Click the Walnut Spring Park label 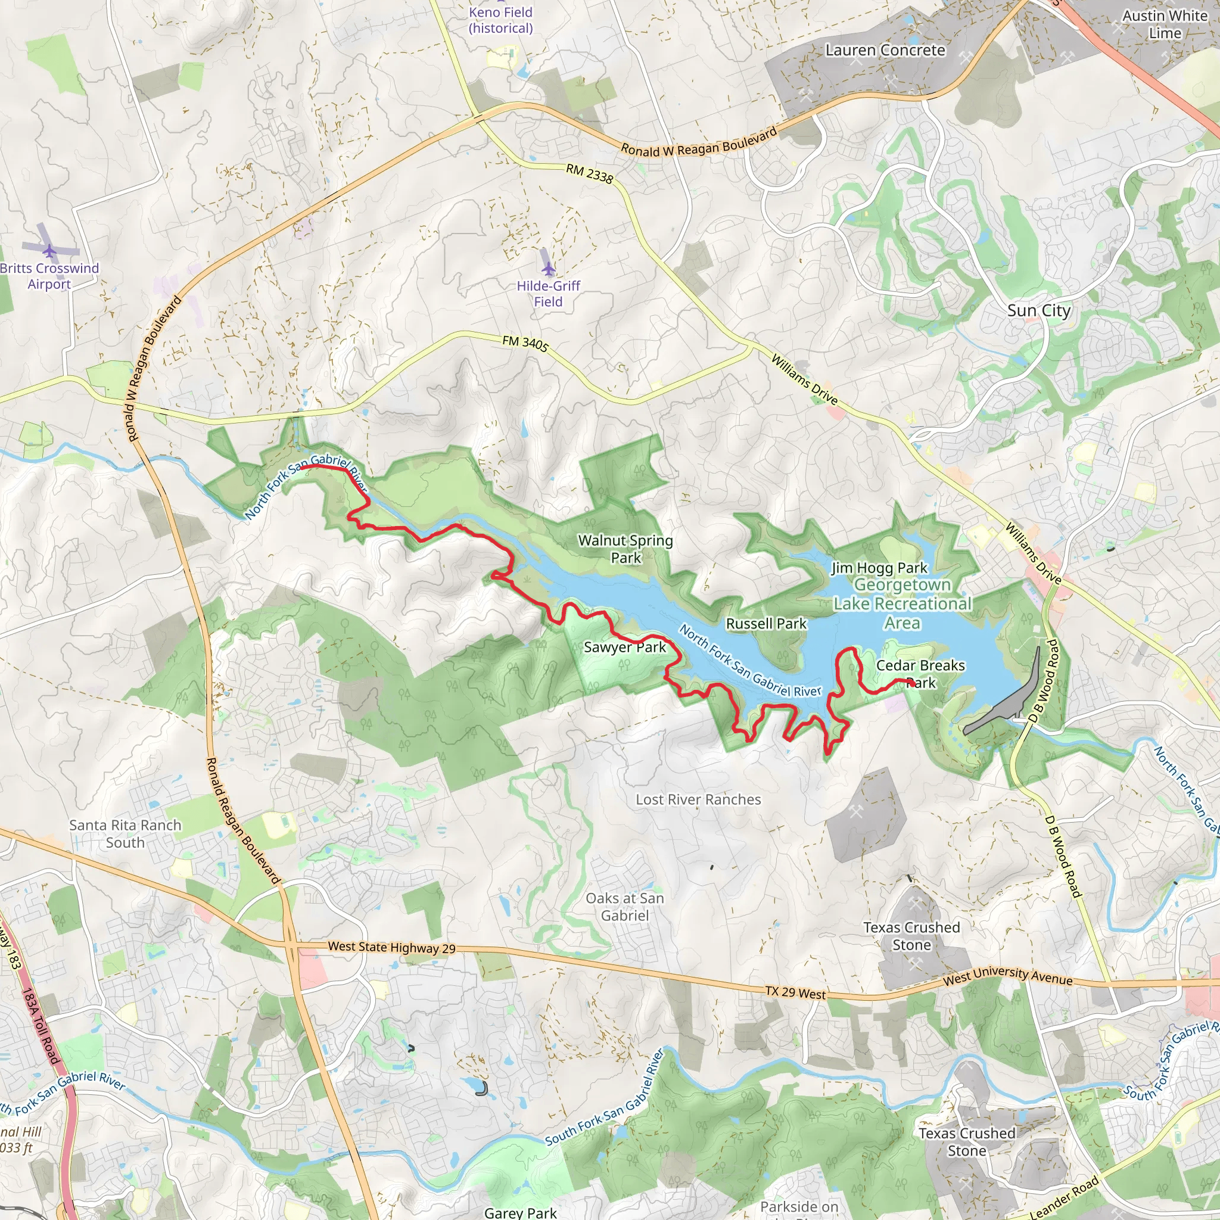pos(625,549)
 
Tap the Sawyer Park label pos(624,648)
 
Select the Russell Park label pos(766,624)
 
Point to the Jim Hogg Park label pos(879,568)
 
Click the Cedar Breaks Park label pos(920,674)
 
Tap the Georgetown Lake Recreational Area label pos(902,603)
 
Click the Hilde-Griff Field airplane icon pos(548,269)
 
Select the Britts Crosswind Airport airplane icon pos(49,252)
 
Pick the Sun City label pos(1039,311)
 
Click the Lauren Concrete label pos(885,51)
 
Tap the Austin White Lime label pos(1165,24)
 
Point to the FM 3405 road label pos(525,344)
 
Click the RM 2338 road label pos(589,174)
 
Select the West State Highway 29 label pos(391,947)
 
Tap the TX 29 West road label pos(795,992)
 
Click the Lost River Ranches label pos(698,799)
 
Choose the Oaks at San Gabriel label pos(624,907)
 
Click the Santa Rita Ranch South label pos(125,833)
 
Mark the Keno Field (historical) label pos(501,20)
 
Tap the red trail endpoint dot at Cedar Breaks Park pos(911,683)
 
